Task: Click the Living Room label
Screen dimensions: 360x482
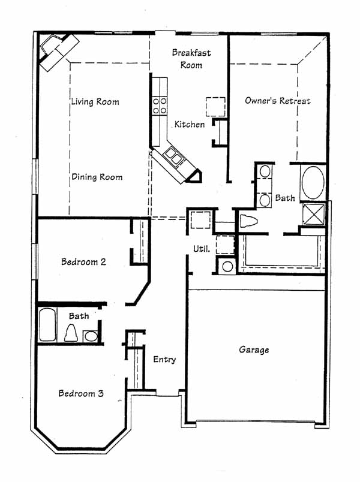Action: [95, 101]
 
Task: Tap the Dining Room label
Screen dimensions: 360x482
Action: [97, 177]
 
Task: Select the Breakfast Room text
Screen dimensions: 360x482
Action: [191, 59]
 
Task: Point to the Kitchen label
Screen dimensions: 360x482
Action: [190, 124]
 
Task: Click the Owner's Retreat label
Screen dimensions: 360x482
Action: [278, 101]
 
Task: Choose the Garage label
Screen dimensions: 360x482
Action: [254, 350]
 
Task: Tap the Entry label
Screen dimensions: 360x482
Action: [164, 359]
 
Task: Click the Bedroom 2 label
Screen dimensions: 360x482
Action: [83, 261]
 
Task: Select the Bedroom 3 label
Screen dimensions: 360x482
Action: [81, 393]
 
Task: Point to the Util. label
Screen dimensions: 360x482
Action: [202, 249]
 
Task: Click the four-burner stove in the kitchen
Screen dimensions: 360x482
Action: [160, 106]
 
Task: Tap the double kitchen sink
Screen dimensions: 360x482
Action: [173, 156]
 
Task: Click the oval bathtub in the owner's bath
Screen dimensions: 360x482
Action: [313, 183]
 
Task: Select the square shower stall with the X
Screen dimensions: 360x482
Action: [314, 213]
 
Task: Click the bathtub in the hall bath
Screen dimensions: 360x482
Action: [47, 325]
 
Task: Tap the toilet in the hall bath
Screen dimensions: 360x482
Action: [71, 333]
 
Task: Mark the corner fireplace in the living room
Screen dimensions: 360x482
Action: [58, 51]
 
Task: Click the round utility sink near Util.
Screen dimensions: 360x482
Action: [227, 266]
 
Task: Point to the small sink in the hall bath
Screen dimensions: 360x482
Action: [91, 336]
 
